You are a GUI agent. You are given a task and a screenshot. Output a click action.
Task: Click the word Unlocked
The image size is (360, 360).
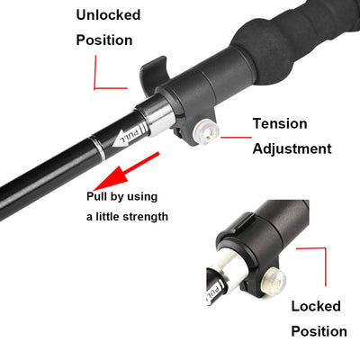tap(107, 15)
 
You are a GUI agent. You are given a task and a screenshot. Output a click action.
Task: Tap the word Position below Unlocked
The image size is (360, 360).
tap(104, 40)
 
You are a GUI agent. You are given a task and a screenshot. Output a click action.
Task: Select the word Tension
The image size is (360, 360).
tap(279, 124)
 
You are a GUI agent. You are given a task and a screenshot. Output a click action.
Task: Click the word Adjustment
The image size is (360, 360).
tap(292, 148)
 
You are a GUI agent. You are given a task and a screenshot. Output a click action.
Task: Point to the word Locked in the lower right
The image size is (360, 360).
tap(316, 307)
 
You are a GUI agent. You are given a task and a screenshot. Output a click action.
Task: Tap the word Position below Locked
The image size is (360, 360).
tap(319, 331)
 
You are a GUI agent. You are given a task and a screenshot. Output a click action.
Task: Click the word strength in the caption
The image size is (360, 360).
tap(141, 216)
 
